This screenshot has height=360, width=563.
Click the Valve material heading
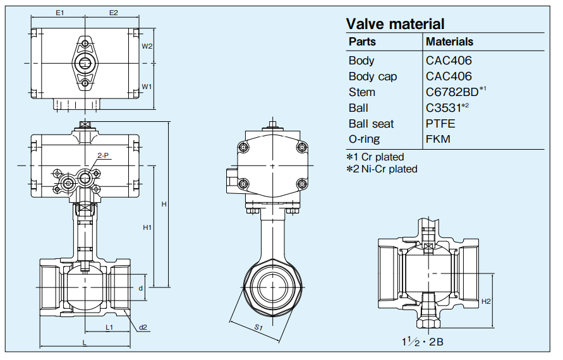click(x=395, y=24)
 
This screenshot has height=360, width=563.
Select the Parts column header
click(x=362, y=42)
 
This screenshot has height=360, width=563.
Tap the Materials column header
click(x=449, y=42)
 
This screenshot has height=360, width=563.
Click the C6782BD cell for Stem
click(x=453, y=92)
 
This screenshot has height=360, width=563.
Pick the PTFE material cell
click(x=440, y=123)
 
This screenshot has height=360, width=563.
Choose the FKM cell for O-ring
click(x=439, y=139)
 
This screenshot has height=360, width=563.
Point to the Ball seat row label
click(x=372, y=123)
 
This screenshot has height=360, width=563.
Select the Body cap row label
click(x=373, y=76)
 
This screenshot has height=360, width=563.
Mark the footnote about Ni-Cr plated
click(x=381, y=169)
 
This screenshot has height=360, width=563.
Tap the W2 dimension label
click(x=147, y=46)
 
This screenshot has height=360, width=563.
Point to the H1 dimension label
click(x=147, y=227)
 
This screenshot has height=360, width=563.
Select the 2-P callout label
click(x=102, y=155)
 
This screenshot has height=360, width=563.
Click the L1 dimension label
click(x=109, y=327)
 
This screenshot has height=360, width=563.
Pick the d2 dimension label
click(x=143, y=327)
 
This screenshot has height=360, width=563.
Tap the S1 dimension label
click(x=258, y=327)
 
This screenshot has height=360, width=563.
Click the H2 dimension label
click(x=485, y=301)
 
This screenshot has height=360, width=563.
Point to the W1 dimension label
click(x=147, y=86)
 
